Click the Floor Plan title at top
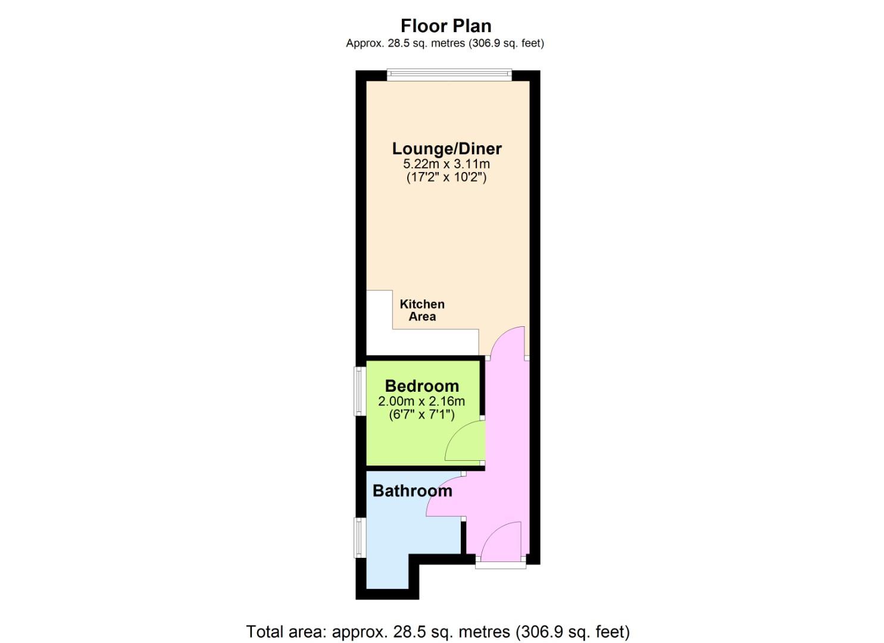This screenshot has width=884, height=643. pos(446,26)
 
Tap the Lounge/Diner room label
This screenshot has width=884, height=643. pos(446,149)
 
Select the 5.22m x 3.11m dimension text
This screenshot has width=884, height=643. pos(446,163)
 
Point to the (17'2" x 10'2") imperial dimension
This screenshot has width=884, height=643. pos(446,177)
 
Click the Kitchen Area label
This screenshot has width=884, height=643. pos(422,310)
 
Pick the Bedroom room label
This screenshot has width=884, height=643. pos(422,386)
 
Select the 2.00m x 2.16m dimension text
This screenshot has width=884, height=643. pos(421,401)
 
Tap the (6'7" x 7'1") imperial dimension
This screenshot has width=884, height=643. pos(421,414)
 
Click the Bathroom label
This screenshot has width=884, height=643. pos(413,491)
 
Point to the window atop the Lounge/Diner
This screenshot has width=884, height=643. pos(449,76)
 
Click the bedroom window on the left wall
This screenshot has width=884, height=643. pos(360,391)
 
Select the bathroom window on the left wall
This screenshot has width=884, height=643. pos(360,537)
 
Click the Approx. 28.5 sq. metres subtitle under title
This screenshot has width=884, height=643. pos(445,43)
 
